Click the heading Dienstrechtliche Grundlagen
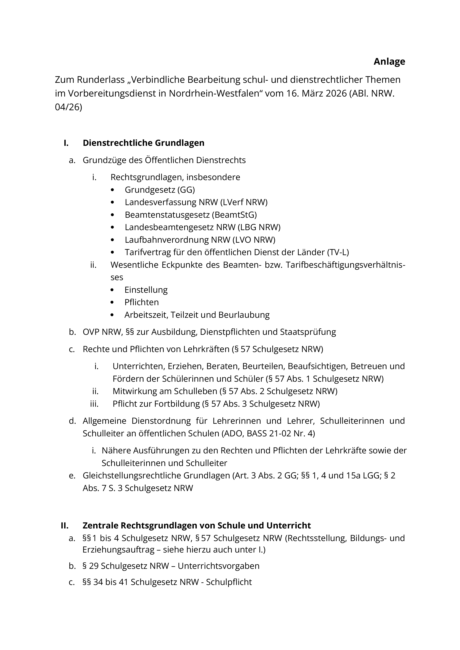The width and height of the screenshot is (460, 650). pyautogui.click(x=143, y=143)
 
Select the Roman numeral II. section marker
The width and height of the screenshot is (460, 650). pyautogui.click(x=65, y=525)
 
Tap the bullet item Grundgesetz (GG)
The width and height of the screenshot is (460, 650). pyautogui.click(x=160, y=190)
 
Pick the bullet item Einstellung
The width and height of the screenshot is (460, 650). pyautogui.click(x=146, y=290)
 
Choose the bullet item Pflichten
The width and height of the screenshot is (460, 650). pyautogui.click(x=141, y=302)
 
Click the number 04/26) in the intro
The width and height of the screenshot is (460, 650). pyautogui.click(x=68, y=108)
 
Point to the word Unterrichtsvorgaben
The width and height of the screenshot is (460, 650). pyautogui.click(x=218, y=566)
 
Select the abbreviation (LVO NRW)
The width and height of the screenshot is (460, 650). pyautogui.click(x=254, y=240)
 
